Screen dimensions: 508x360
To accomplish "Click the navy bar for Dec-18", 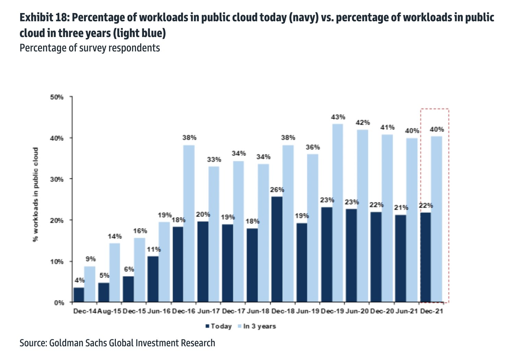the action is click(277, 249).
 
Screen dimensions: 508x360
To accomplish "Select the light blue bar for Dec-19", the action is click(337, 213).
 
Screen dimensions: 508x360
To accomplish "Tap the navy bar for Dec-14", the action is click(79, 295).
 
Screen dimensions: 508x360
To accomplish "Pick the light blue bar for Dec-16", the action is click(189, 224).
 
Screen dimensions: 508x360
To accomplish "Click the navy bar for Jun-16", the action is click(153, 279).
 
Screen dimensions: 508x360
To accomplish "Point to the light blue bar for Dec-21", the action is click(437, 219).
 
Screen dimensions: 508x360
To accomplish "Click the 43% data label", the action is click(338, 117).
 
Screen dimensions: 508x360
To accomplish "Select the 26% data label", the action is click(277, 190).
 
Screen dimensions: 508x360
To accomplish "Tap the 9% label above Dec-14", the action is click(91, 259).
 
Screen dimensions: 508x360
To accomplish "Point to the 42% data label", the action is click(363, 122).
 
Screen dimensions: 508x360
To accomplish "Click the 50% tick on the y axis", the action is click(57, 97).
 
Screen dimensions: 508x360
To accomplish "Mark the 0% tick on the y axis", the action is click(59, 303).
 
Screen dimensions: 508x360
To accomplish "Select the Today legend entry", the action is click(219, 326).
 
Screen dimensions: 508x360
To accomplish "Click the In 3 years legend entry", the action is click(257, 326).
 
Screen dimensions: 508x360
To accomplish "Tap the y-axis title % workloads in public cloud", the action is click(36, 194).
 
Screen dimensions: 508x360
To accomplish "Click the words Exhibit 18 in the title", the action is click(44, 18).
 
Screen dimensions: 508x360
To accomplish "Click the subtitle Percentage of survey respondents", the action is click(90, 48).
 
